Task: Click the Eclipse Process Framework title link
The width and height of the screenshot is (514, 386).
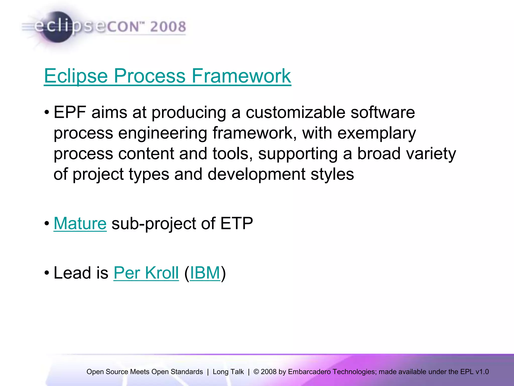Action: (x=167, y=76)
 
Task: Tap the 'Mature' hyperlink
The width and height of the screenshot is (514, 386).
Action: (x=80, y=223)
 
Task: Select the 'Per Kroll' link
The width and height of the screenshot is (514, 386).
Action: (x=146, y=273)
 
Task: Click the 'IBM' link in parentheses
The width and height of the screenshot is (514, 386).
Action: (x=205, y=273)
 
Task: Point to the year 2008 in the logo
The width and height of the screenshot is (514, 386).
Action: (x=168, y=27)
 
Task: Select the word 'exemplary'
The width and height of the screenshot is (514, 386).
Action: (x=376, y=133)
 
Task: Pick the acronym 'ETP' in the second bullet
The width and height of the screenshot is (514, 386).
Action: (x=236, y=223)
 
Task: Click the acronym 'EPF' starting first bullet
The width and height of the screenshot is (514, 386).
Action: (x=70, y=112)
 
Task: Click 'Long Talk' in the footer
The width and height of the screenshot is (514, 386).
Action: (x=228, y=372)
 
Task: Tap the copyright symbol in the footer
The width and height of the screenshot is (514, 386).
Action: (x=256, y=372)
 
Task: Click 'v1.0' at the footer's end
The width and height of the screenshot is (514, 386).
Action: (x=482, y=372)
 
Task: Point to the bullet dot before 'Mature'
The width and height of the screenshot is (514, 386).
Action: (x=47, y=223)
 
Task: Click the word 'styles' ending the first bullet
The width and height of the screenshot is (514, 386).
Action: (x=332, y=174)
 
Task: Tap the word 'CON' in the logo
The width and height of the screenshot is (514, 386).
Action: (x=123, y=27)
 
